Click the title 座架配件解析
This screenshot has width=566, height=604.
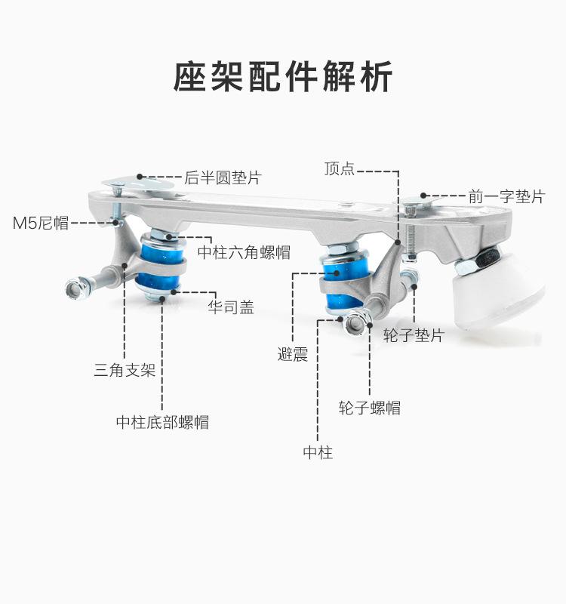pyautogui.click(x=283, y=77)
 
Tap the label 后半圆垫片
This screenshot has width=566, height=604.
pyautogui.click(x=223, y=177)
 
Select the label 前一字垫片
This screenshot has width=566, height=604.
pyautogui.click(x=506, y=196)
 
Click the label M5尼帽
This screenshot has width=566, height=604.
pyautogui.click(x=41, y=223)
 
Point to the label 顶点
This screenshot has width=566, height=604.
pyautogui.click(x=339, y=168)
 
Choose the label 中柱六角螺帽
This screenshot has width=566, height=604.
pyautogui.click(x=244, y=253)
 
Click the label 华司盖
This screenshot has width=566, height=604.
pyautogui.click(x=231, y=307)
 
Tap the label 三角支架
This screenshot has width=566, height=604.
pyautogui.click(x=125, y=370)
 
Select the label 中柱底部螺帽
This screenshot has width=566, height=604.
pyautogui.click(x=162, y=422)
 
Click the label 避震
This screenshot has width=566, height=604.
pyautogui.click(x=293, y=354)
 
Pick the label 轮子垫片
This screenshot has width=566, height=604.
pyautogui.click(x=414, y=335)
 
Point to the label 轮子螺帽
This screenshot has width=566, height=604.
pyautogui.click(x=370, y=408)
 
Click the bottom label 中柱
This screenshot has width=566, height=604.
pyautogui.click(x=318, y=452)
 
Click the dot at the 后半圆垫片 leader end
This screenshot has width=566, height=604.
pyautogui.click(x=140, y=177)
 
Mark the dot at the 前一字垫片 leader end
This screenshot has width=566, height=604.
pyautogui.click(x=423, y=196)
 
